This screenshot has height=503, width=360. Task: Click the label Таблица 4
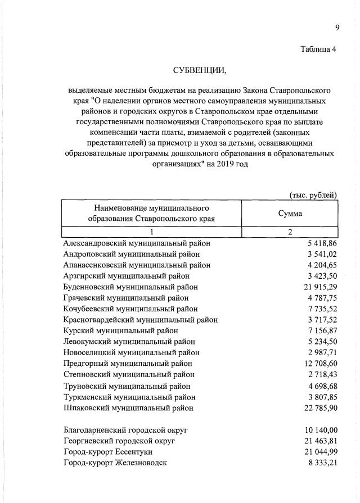pyautogui.click(x=319, y=49)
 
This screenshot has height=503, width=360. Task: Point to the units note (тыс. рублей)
pyautogui.click(x=313, y=195)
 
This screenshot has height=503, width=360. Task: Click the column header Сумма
pyautogui.click(x=290, y=214)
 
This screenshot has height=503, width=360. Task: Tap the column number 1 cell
pyautogui.click(x=151, y=232)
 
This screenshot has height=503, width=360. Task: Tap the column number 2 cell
pyautogui.click(x=290, y=232)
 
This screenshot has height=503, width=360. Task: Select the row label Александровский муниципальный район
pyautogui.click(x=137, y=243)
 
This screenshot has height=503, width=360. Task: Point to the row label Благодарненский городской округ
pyautogui.click(x=125, y=430)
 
